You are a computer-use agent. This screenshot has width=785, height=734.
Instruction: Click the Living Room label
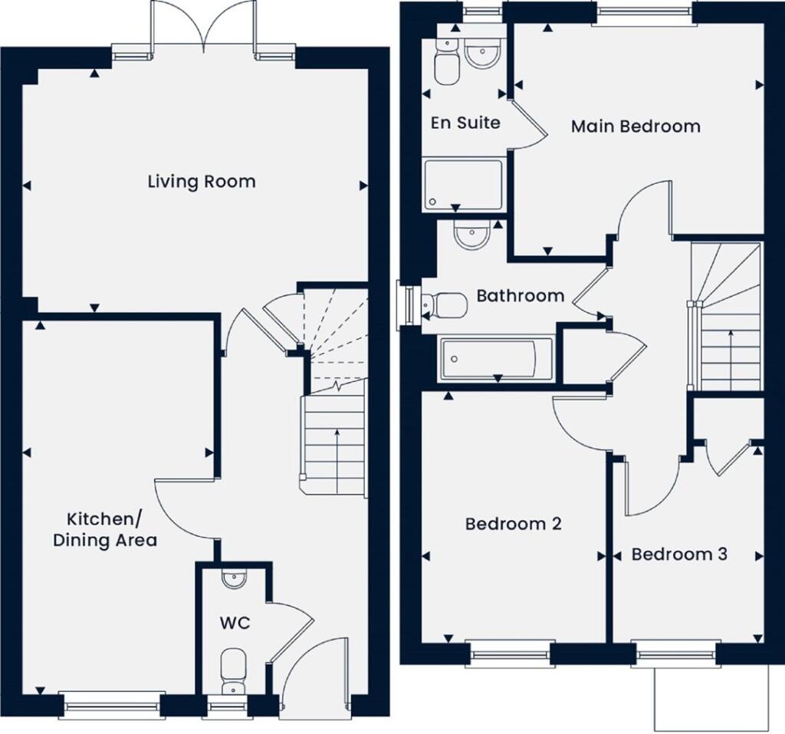pyautogui.click(x=202, y=182)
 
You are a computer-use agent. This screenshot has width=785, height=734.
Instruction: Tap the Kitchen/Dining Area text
pyautogui.click(x=105, y=528)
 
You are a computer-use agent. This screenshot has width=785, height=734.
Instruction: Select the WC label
pyautogui.click(x=233, y=623)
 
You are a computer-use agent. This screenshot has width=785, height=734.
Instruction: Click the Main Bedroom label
pyautogui.click(x=636, y=126)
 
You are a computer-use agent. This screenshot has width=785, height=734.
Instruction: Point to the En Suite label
pyautogui.click(x=465, y=122)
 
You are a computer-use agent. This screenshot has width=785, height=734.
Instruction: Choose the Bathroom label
pyautogui.click(x=520, y=295)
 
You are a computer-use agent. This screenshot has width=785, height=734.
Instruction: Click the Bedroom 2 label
pyautogui.click(x=514, y=524)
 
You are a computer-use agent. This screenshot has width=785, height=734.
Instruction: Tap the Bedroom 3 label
pyautogui.click(x=679, y=554)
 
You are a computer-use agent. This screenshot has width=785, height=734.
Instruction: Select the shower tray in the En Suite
pyautogui.click(x=463, y=184)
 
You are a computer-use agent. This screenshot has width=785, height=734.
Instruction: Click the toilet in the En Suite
pyautogui.click(x=444, y=61)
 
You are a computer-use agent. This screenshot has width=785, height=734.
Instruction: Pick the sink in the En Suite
pyautogui.click(x=482, y=56)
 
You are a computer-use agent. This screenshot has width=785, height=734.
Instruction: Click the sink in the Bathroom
pyautogui.click(x=471, y=235)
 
